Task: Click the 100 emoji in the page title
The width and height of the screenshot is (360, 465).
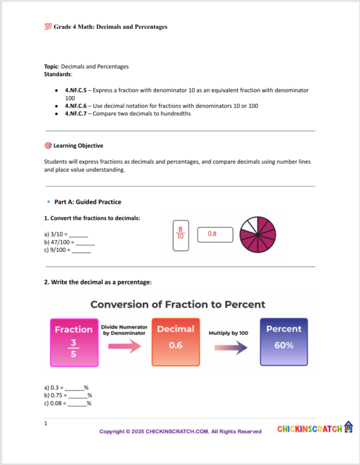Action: pos(48,27)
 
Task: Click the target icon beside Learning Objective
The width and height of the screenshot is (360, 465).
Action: pos(48,146)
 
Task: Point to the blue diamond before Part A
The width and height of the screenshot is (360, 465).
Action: pos(48,202)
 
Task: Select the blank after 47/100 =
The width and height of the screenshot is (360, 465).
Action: pos(85,242)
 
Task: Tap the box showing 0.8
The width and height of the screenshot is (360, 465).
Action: pos(215,234)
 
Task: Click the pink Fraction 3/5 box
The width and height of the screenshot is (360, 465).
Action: pos(74,341)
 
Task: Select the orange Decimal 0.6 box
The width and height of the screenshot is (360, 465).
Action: pos(175,341)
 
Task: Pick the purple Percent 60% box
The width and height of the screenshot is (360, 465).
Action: pos(284,341)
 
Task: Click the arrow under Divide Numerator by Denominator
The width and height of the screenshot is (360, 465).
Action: pos(124,346)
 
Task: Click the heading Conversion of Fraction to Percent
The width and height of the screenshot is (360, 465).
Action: pos(178,304)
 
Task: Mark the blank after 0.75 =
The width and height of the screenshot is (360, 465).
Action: pos(78,395)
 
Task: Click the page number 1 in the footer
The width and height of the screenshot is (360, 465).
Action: pos(46,424)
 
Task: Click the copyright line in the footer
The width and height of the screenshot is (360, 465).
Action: pos(180,431)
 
